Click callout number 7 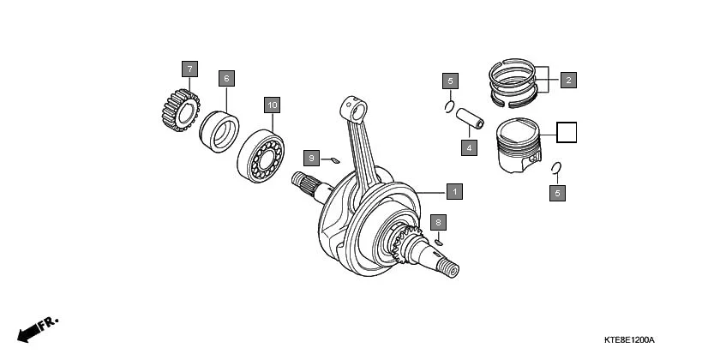(x=189, y=68)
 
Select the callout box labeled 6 (x=226, y=78)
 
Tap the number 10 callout (x=272, y=105)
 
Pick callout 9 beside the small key (x=313, y=158)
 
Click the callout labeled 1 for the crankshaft (x=454, y=191)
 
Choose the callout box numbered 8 (x=438, y=222)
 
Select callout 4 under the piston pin (x=468, y=147)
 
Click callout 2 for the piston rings (x=567, y=80)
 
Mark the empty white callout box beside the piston (x=567, y=132)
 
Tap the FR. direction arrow (x=36, y=328)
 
